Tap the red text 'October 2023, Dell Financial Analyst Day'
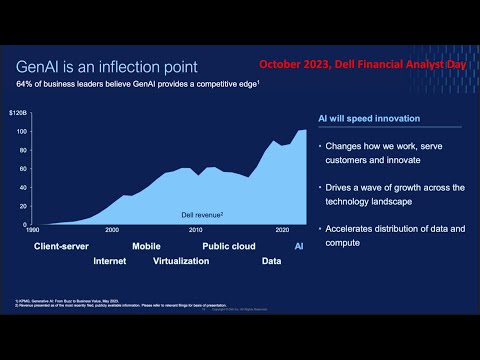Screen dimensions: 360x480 click(362, 64)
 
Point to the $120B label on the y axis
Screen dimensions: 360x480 click(20, 115)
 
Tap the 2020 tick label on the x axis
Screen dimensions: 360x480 click(282, 230)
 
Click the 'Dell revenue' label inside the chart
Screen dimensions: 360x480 click(201, 214)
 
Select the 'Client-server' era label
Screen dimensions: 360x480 click(62, 245)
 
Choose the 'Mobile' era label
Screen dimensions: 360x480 click(146, 245)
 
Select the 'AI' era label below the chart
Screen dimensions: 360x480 click(299, 245)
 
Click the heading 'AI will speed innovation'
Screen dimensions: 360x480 click(369, 119)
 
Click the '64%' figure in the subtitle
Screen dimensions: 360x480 click(26, 86)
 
